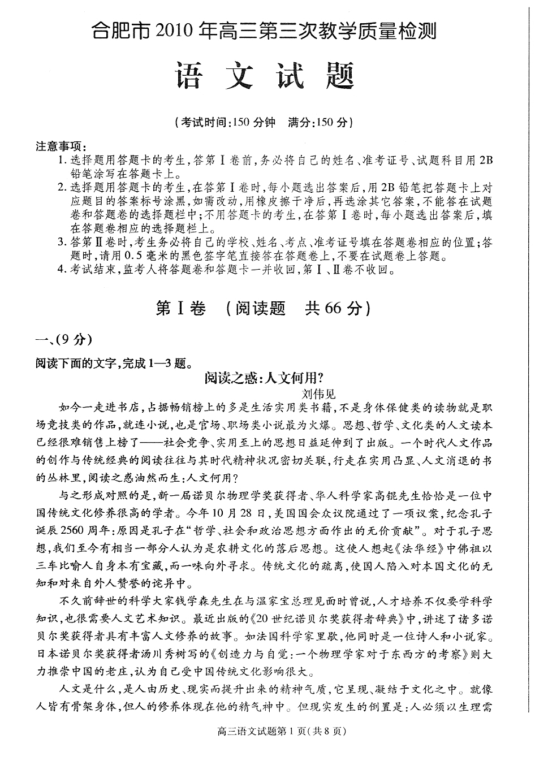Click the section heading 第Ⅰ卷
pyautogui.click(x=181, y=308)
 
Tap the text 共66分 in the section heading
pyautogui.click(x=333, y=308)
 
